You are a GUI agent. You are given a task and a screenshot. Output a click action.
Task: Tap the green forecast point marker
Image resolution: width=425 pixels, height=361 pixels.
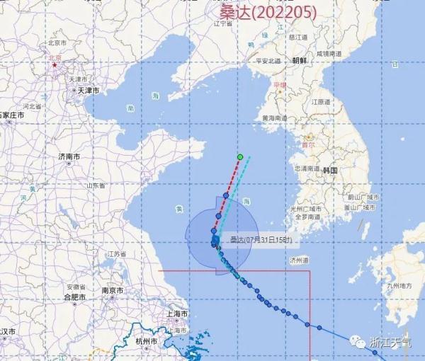click(x=241, y=156)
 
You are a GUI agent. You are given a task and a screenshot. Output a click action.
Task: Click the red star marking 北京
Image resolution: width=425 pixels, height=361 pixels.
click(x=54, y=64)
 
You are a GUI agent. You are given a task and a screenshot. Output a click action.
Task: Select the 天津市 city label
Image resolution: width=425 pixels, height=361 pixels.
click(x=88, y=91)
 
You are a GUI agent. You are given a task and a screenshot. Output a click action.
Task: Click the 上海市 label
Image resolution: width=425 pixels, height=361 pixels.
click(x=174, y=314)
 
